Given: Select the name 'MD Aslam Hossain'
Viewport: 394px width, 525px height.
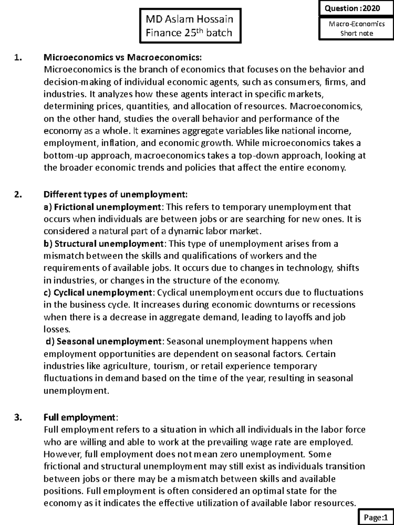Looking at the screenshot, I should click(189, 19).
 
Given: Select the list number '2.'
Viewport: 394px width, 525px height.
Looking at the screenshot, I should click(18, 195).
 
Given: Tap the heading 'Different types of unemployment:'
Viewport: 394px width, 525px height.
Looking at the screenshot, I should click(116, 195).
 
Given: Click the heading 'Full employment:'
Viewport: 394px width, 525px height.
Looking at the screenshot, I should click(80, 417).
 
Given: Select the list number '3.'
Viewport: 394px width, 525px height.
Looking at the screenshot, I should click(18, 417).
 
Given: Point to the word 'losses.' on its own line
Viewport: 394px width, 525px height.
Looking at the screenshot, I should click(57, 329).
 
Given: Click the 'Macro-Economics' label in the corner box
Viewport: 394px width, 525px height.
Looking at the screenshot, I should click(357, 24).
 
